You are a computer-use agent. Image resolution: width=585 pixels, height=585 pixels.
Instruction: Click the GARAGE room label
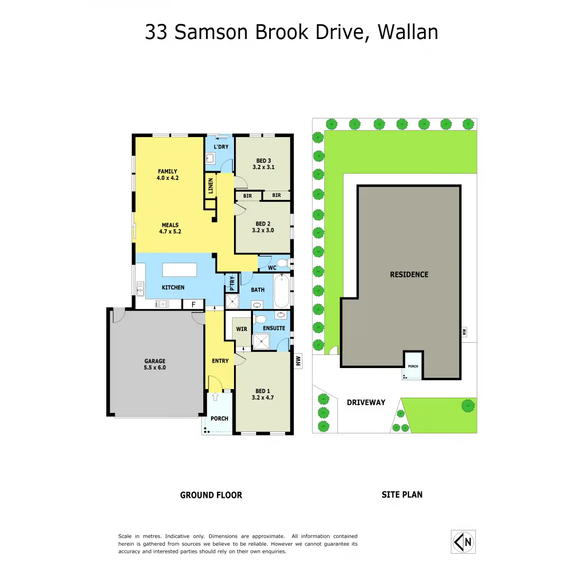(155, 361)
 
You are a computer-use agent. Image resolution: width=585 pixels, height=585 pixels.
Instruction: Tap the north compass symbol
(463, 542)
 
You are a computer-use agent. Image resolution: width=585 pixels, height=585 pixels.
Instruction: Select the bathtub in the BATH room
(282, 292)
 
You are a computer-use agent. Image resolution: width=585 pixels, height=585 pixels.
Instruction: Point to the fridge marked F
(193, 305)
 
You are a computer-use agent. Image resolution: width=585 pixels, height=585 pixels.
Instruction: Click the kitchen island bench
(179, 270)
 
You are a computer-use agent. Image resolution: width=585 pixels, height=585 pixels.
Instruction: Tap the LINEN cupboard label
(211, 185)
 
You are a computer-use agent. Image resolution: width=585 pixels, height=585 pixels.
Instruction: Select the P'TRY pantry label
(232, 282)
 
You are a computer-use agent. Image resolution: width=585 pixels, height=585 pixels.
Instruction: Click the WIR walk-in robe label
(241, 329)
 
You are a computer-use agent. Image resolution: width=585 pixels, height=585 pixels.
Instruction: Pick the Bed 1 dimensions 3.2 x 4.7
(263, 398)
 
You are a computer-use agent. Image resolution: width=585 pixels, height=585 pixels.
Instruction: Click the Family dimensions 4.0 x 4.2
(168, 178)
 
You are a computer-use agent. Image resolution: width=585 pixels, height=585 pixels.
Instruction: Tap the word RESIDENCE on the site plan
(409, 274)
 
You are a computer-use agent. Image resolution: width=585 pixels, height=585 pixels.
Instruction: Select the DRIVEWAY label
(366, 402)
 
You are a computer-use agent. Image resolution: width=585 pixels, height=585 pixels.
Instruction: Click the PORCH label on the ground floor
(219, 418)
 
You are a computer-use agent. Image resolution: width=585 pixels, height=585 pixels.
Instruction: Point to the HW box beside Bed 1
(298, 361)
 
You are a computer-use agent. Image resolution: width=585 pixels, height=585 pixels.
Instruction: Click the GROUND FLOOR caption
(211, 495)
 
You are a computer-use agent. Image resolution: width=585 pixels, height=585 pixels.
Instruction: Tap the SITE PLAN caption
(402, 495)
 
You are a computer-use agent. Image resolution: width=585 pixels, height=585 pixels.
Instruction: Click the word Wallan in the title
(408, 32)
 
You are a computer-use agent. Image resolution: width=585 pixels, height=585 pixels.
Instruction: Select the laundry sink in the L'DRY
(210, 157)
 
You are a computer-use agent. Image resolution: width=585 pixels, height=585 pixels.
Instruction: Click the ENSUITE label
(274, 328)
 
